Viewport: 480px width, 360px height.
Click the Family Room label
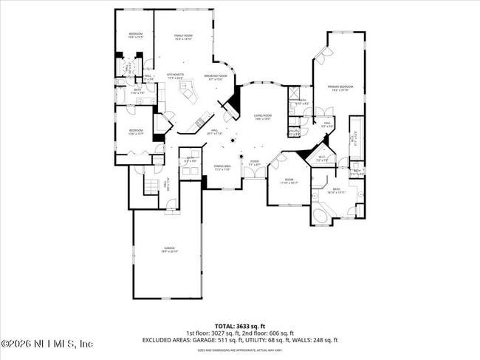[x=183, y=37]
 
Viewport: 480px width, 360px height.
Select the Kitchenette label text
[x=175, y=75]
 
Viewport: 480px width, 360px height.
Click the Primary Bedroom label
[x=340, y=88]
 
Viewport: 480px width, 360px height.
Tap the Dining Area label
[x=223, y=168]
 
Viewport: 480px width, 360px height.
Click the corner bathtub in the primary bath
[x=322, y=216]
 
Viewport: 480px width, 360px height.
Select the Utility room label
[x=294, y=133]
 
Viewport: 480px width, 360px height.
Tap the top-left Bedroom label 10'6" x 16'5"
[x=136, y=35]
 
